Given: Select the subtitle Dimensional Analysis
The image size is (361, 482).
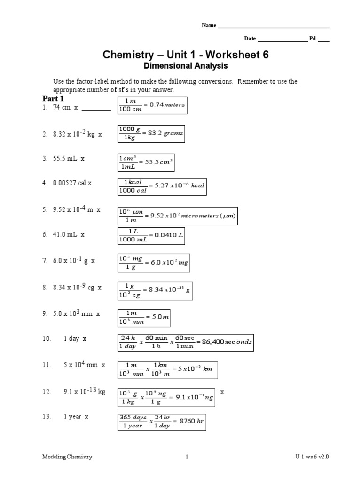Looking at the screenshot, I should click(185, 66).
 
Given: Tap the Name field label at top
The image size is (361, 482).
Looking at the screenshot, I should click(209, 25).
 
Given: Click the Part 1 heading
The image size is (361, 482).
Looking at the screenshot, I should click(53, 99).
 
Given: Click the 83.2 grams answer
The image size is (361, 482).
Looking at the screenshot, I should click(165, 133).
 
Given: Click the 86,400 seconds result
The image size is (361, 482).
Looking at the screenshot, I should click(227, 342).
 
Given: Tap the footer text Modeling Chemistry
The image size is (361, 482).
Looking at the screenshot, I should click(67, 457).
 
